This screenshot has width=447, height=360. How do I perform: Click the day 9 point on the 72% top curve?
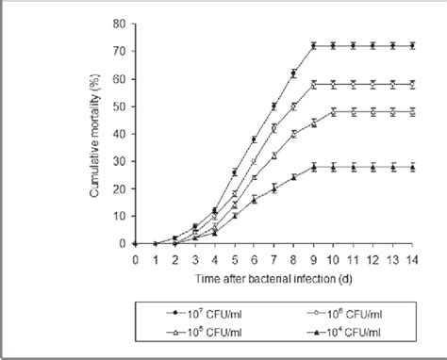point(314,45)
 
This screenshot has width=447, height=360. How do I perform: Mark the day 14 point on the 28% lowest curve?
point(415,167)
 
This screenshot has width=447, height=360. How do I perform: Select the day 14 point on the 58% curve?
point(415,84)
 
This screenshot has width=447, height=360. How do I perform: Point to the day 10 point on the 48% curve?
point(334,111)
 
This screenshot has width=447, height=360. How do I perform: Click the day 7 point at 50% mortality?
point(274,106)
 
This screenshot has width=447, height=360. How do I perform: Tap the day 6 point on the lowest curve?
point(254,199)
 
